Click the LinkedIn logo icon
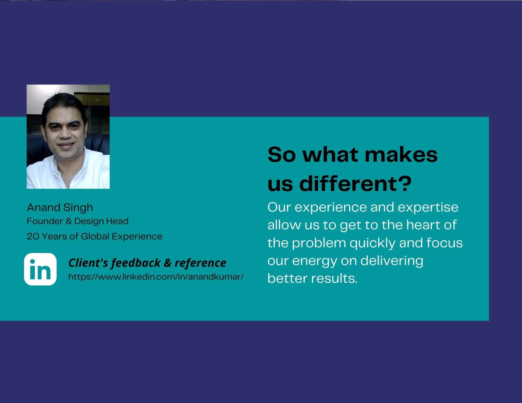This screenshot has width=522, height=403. (x=40, y=269)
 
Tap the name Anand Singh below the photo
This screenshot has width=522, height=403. (x=60, y=208)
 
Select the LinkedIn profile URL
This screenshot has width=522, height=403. (x=156, y=277)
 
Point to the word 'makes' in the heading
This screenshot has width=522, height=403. (x=401, y=155)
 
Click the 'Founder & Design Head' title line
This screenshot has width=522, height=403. (x=77, y=221)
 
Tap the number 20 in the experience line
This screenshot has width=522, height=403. (x=33, y=236)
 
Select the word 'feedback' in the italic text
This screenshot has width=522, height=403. (x=136, y=263)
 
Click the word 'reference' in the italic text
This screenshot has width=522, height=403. (x=200, y=263)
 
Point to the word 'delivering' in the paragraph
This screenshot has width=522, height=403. (x=392, y=261)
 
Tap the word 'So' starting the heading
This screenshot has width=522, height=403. (x=281, y=155)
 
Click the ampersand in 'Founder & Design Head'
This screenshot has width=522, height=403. (x=69, y=221)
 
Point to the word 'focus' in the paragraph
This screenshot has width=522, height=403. (x=445, y=243)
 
